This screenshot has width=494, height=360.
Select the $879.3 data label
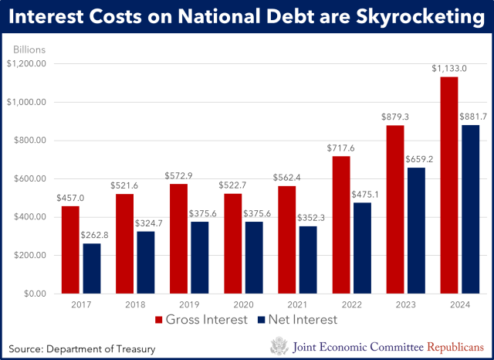tap(394, 117)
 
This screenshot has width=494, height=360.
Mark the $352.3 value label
tap(306, 218)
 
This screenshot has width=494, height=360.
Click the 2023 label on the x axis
tap(405, 304)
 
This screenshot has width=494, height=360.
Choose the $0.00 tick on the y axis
tap(36, 294)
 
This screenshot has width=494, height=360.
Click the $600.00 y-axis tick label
tap(32, 179)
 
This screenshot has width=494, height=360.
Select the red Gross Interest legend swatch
tap(159, 320)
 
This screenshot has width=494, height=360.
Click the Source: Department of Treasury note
tap(83, 348)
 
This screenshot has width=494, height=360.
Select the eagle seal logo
tap(278, 346)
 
